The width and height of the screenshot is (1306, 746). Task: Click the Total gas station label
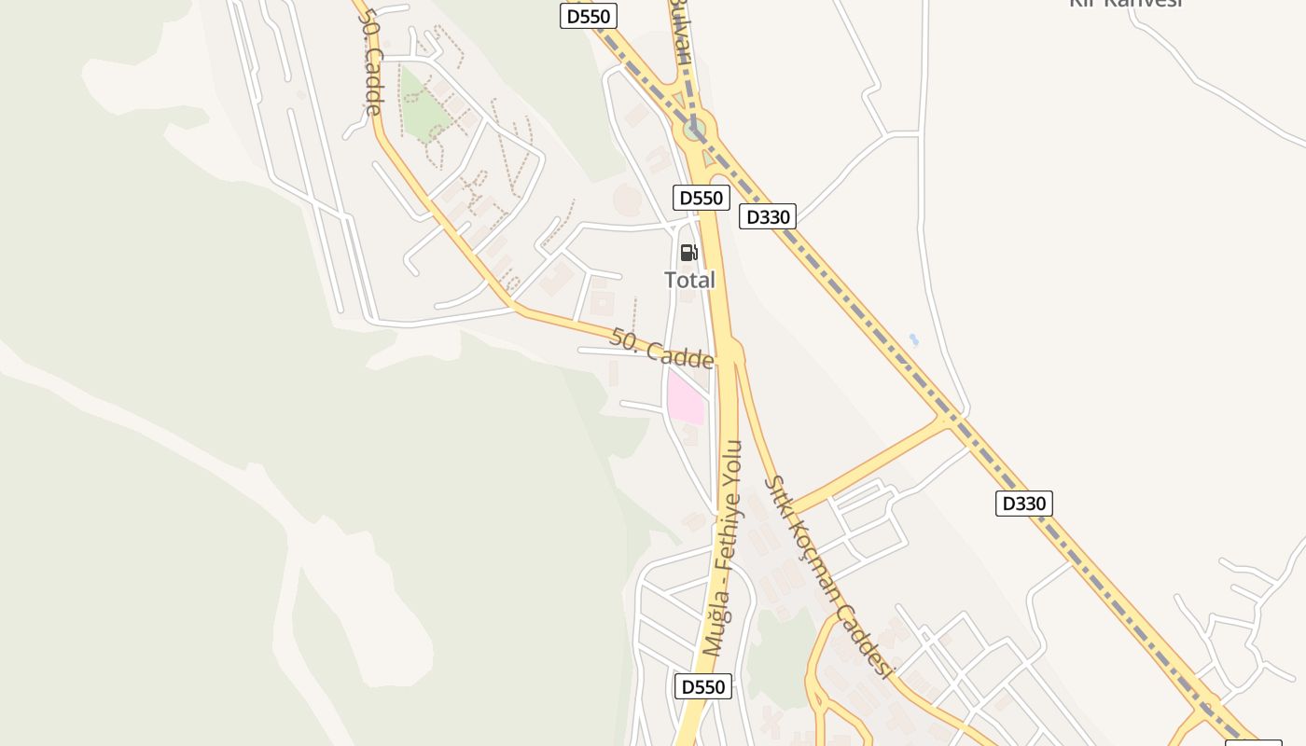[x=689, y=280]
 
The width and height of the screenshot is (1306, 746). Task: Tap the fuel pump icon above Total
[x=689, y=252]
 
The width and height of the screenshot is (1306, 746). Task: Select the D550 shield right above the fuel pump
[x=701, y=198]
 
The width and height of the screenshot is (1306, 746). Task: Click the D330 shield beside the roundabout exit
[x=767, y=217]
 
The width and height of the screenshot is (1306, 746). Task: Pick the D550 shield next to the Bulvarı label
[x=589, y=16]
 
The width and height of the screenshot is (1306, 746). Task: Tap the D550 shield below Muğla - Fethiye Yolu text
[x=702, y=687]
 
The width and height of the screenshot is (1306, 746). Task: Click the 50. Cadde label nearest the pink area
[x=661, y=348]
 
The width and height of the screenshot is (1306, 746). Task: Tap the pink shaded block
[x=685, y=397]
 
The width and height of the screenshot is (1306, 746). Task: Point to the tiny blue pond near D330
[x=914, y=339]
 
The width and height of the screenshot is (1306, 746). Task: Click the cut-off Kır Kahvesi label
[x=1125, y=4]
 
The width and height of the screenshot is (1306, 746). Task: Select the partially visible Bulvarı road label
[x=683, y=37]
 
